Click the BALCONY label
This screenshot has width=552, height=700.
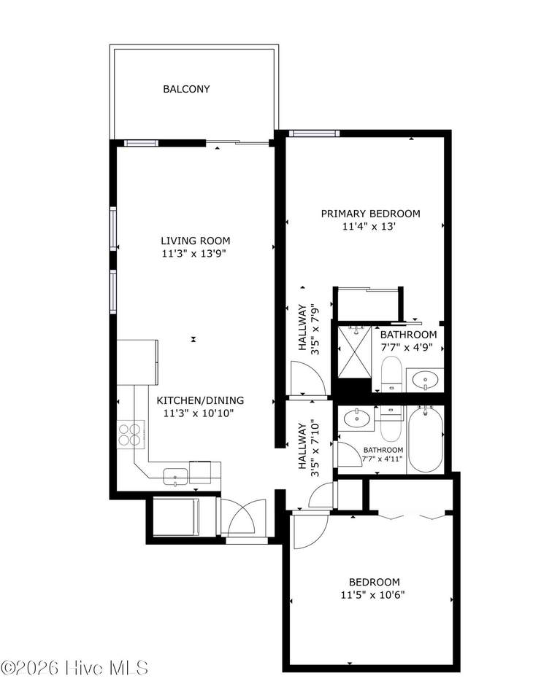coord(186,89)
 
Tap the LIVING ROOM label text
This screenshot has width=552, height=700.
coord(196,241)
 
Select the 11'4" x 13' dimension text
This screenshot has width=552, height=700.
coord(369,226)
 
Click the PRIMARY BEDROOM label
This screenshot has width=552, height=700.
coord(370,214)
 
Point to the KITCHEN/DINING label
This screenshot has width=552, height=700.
coord(200,400)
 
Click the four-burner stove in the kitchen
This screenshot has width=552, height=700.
coord(130,435)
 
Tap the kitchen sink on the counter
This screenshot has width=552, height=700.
coord(176,476)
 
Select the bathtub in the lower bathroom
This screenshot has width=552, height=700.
coord(426,439)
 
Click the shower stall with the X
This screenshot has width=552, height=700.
coord(354,351)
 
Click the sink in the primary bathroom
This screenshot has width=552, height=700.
coord(425,381)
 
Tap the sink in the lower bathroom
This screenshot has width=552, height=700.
coord(356,419)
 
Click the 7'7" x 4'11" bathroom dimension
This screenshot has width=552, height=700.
coord(383,459)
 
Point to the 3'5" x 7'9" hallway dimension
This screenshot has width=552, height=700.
coord(315,329)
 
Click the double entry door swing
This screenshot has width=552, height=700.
coord(242,517)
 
